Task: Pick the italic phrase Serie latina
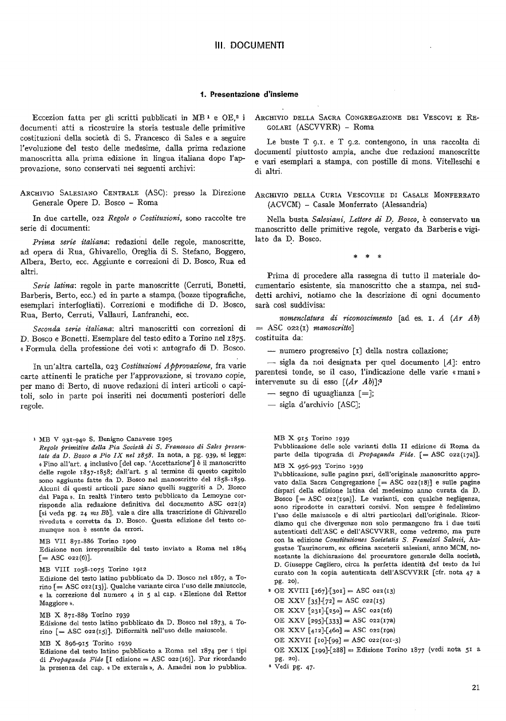point(54,285)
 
